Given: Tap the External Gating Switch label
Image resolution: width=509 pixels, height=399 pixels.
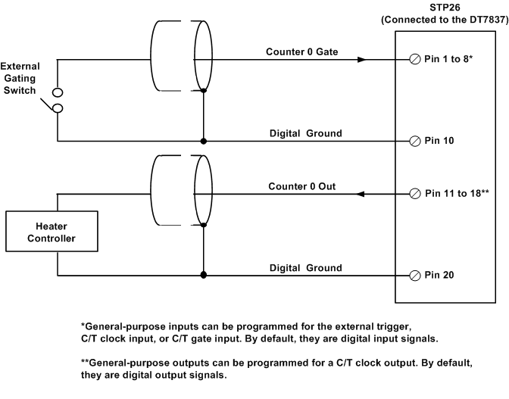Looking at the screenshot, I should coord(20,78).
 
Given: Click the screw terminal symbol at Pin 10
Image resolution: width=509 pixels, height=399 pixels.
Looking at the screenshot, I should coord(414,142).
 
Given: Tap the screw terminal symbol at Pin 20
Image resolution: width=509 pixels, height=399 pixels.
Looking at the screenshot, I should coord(414,275).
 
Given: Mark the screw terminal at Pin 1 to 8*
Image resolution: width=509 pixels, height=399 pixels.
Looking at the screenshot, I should coord(414,58).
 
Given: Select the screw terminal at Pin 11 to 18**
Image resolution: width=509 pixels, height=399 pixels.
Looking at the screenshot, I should coord(414,194).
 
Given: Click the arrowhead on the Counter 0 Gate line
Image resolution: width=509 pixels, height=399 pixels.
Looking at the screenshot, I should coord(363,58).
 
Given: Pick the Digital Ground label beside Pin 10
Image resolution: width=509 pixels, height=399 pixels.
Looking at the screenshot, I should coord(306,133).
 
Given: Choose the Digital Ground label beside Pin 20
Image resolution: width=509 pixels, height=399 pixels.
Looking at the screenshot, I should coord(306,267).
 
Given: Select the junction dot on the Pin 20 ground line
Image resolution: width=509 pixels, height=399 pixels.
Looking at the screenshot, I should coord(203,275).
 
